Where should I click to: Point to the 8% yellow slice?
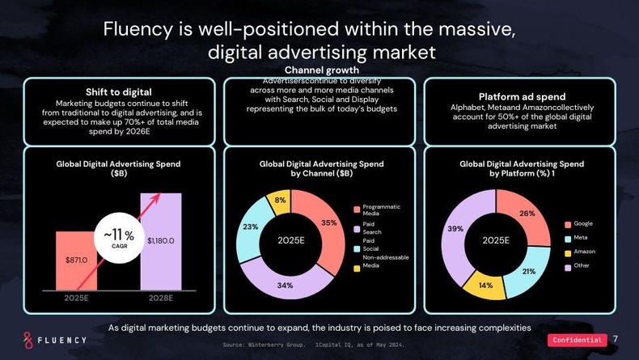point(281,201)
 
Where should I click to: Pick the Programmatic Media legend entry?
point(381,210)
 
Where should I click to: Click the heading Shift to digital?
point(119,91)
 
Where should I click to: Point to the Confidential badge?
point(577,340)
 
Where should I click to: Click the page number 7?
point(616,339)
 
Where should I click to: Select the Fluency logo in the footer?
point(54,340)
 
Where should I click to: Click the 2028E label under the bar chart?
point(161,299)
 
